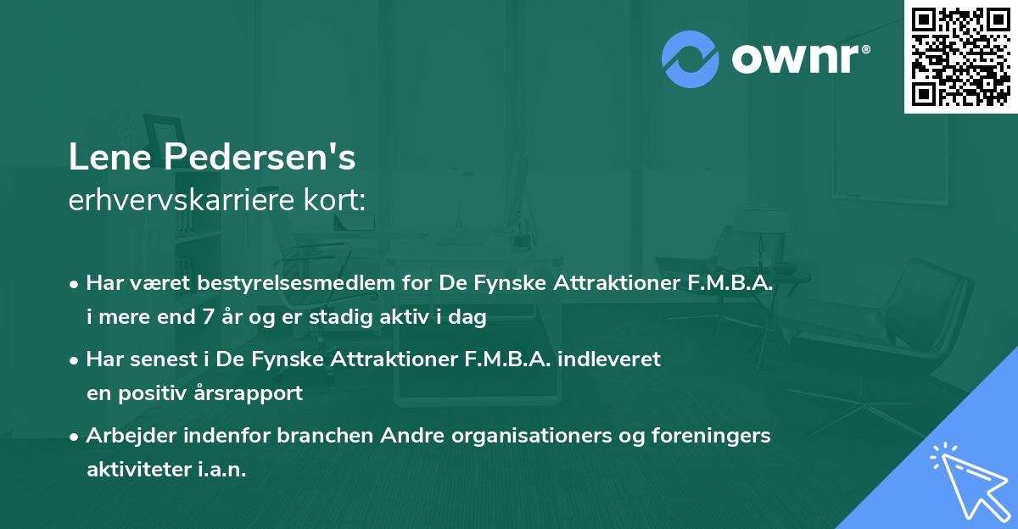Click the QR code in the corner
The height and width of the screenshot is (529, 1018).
[x=960, y=56]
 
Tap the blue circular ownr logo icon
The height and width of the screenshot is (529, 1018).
[x=690, y=58]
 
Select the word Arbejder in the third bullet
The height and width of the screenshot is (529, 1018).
[x=126, y=437]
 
